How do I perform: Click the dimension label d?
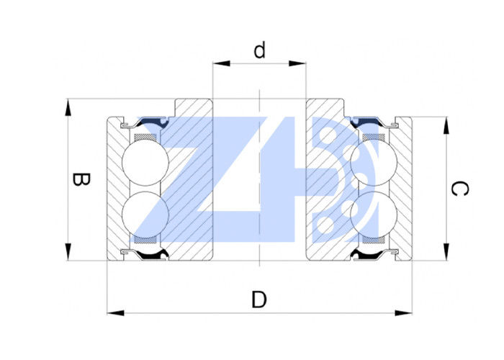click(x=260, y=50)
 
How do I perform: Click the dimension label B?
click(x=81, y=180)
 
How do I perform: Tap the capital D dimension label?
click(x=260, y=299)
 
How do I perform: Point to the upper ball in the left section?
click(x=145, y=161)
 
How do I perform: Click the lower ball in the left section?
click(x=145, y=211)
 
